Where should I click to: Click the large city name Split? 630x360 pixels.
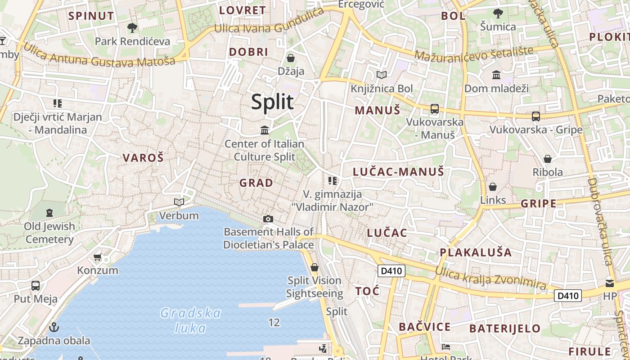[272, 102]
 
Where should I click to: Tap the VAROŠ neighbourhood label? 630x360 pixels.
[143, 158]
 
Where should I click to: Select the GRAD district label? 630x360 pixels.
[256, 183]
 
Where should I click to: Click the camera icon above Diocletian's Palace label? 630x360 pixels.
[268, 219]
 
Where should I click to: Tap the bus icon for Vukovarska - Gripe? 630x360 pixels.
[535, 116]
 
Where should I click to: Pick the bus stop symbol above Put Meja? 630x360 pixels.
[36, 285]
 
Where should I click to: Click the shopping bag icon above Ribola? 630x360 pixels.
[548, 159]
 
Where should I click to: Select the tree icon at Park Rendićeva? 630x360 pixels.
[132, 28]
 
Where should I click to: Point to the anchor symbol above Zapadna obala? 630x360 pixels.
[54, 327]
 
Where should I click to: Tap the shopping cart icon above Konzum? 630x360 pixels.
[97, 257]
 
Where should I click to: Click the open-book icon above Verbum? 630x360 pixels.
[179, 202]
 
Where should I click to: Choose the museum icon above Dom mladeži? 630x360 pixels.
[496, 75]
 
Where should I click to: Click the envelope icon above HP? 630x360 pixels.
[610, 283]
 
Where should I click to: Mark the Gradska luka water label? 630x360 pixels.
[190, 320]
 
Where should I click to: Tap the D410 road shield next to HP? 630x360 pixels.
[568, 296]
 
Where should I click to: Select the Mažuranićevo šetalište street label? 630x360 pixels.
[474, 54]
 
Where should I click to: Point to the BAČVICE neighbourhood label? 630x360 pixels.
[424, 327]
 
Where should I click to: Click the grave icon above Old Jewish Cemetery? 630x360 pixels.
[49, 212]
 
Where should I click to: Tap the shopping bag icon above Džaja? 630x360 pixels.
[291, 58]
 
